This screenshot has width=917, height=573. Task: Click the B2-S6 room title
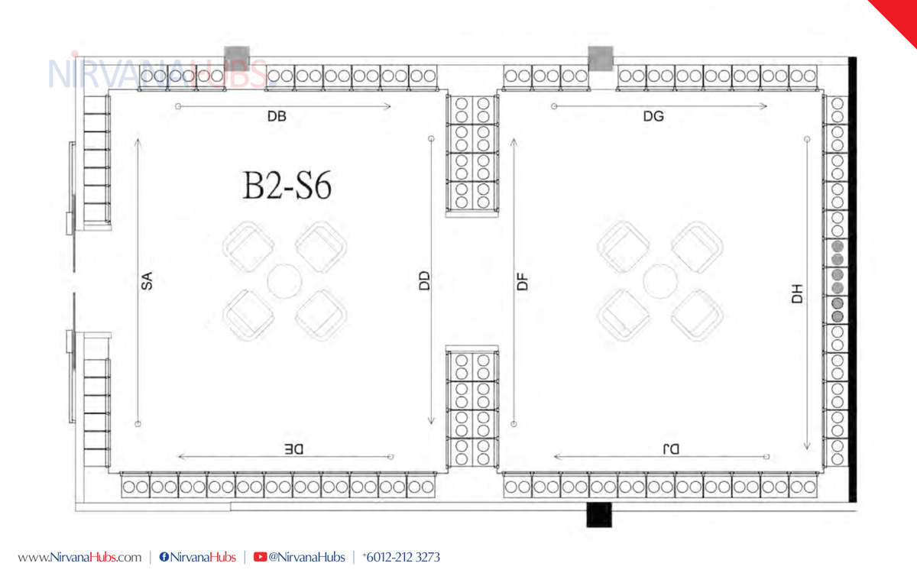pos(287,186)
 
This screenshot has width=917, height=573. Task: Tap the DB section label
pos(277,117)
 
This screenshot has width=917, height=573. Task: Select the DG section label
pos(653,117)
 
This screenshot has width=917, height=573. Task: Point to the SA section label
pos(147,281)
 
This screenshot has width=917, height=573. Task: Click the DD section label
pos(425,281)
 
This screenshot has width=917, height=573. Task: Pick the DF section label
pos(523,282)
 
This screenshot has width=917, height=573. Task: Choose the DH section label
pos(797,294)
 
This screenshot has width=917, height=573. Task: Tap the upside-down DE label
pos(294,449)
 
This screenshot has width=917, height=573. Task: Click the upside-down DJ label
pos(671,449)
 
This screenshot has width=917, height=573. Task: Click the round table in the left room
pos(284,281)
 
